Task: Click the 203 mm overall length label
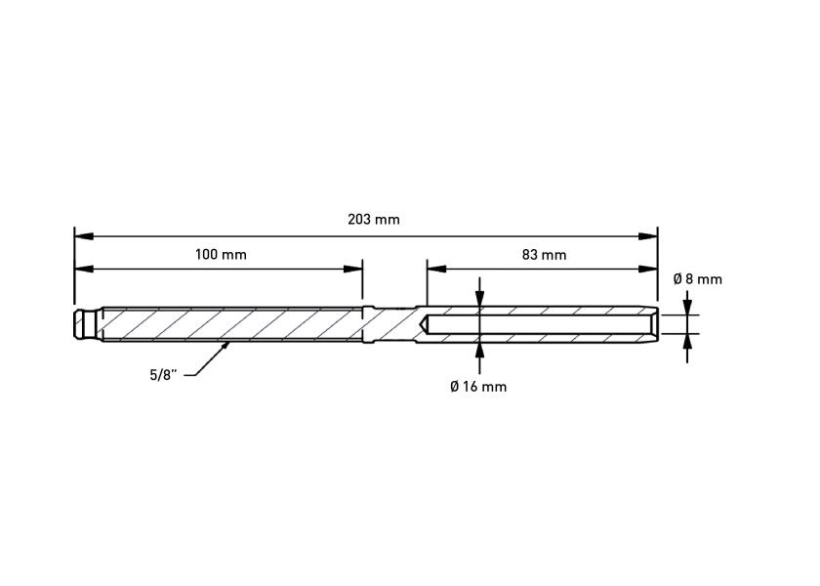click(373, 219)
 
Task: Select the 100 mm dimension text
click(221, 255)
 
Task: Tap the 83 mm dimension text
click(544, 255)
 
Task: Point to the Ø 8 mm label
click(698, 279)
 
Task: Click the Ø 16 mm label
click(478, 387)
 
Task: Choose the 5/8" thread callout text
click(164, 375)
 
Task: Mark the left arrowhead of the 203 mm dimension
click(84, 236)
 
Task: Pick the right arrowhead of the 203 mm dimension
click(648, 236)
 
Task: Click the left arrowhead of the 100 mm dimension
click(84, 269)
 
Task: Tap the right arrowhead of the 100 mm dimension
click(353, 269)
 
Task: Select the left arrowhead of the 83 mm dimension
click(436, 269)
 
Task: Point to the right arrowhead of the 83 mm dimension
click(648, 269)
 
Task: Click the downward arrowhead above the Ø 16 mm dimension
click(479, 298)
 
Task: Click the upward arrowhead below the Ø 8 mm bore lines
click(687, 342)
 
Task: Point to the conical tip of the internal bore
click(424, 324)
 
